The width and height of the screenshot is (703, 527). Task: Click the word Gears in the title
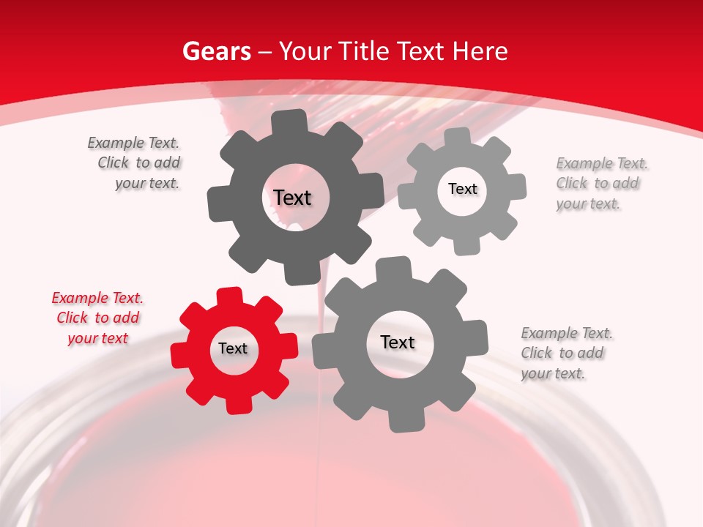[217, 51]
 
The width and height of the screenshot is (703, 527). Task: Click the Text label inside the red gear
[233, 349]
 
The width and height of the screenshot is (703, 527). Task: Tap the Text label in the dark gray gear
[292, 198]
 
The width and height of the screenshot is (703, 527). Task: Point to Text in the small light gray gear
[462, 189]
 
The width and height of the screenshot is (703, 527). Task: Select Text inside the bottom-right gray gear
[398, 343]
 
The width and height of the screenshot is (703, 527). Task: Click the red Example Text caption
[97, 318]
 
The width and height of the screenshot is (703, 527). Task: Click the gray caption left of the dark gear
[134, 163]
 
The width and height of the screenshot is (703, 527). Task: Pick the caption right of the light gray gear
[601, 184]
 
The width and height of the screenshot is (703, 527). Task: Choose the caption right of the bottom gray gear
[566, 354]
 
